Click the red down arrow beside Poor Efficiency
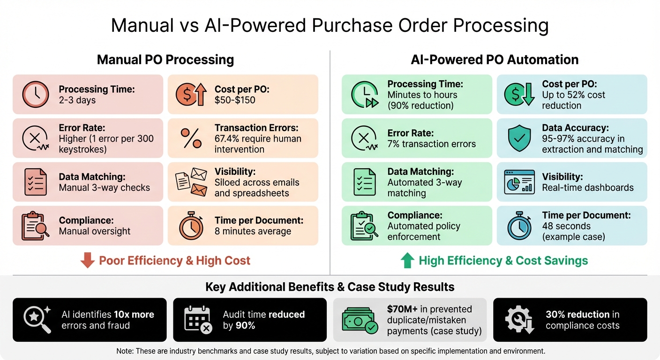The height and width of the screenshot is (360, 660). (87, 261)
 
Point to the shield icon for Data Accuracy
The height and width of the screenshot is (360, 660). (519, 138)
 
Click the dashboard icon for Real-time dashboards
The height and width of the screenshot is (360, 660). (519, 182)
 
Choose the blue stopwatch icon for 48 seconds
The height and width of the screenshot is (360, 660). (519, 226)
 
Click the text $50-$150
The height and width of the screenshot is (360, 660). (235, 100)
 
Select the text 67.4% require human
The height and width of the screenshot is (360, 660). (258, 138)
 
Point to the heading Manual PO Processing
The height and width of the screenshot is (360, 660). (165, 60)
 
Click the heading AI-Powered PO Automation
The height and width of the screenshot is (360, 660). (495, 60)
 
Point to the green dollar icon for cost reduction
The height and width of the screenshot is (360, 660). (518, 95)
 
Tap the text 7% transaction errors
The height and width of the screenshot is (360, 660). (431, 144)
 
